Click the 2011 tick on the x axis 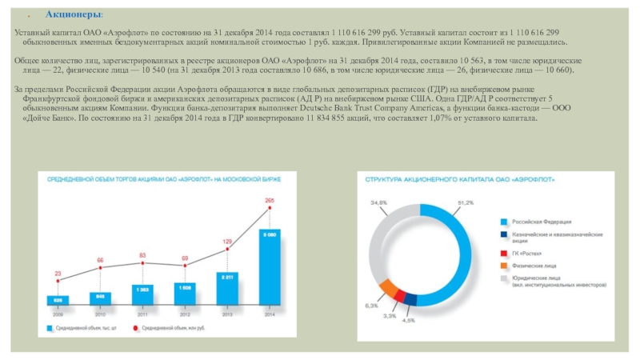coord(142,314)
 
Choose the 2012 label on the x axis coord(184,314)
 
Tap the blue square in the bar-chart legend coord(50,328)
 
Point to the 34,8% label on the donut coord(378,202)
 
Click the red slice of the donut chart coord(400,295)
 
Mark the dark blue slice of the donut coord(410,299)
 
